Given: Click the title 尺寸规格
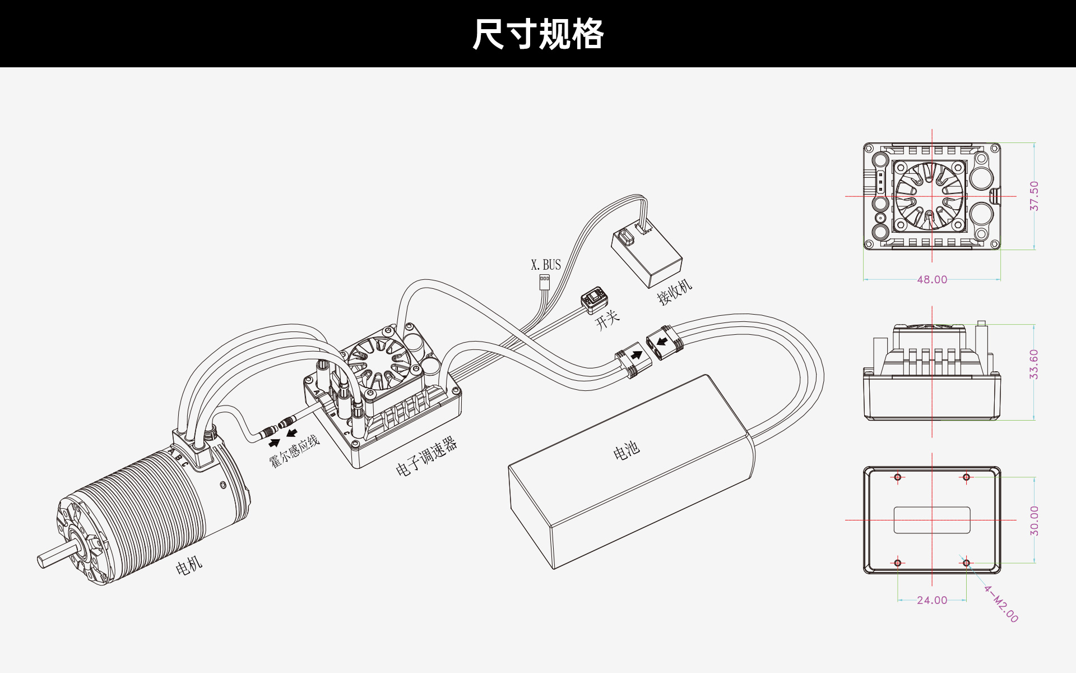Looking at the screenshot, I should [538, 34].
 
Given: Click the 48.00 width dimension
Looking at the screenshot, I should [932, 279].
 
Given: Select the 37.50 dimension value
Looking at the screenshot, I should [1034, 196].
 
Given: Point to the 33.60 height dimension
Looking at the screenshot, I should [1034, 365].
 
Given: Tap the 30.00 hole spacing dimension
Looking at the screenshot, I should [1034, 520].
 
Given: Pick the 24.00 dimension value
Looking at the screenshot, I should [932, 600].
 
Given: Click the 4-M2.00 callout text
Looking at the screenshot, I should [1001, 604].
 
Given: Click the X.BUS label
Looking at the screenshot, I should [546, 265].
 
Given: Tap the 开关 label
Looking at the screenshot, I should [607, 319].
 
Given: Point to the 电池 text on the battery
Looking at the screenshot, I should [626, 450].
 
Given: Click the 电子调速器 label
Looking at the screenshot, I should [426, 456].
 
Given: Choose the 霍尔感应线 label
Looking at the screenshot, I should [294, 451].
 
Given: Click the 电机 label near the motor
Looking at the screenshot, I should [189, 566].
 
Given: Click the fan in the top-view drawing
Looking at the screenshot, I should [931, 196].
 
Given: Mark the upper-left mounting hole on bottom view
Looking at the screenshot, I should [898, 477].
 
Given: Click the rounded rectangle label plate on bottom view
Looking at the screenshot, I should [932, 520].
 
